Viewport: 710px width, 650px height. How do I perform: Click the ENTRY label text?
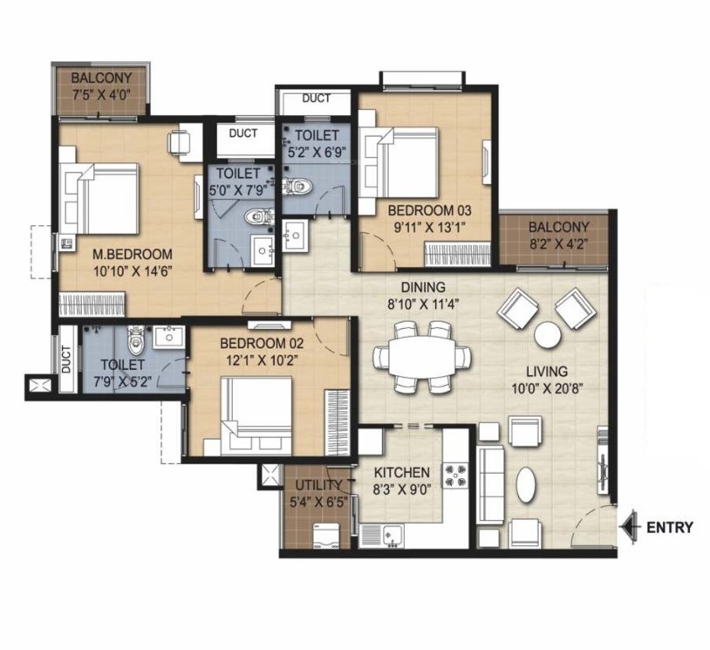(x=669, y=527)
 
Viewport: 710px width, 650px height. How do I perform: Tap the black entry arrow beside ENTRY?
(x=628, y=527)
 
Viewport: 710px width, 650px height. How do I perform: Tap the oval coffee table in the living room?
(x=526, y=483)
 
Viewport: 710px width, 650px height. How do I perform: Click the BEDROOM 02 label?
(x=254, y=341)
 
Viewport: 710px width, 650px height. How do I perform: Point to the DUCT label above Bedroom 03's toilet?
(x=315, y=99)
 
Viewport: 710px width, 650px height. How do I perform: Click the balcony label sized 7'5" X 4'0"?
(x=101, y=75)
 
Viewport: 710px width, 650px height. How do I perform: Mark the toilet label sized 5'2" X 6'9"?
(x=317, y=135)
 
